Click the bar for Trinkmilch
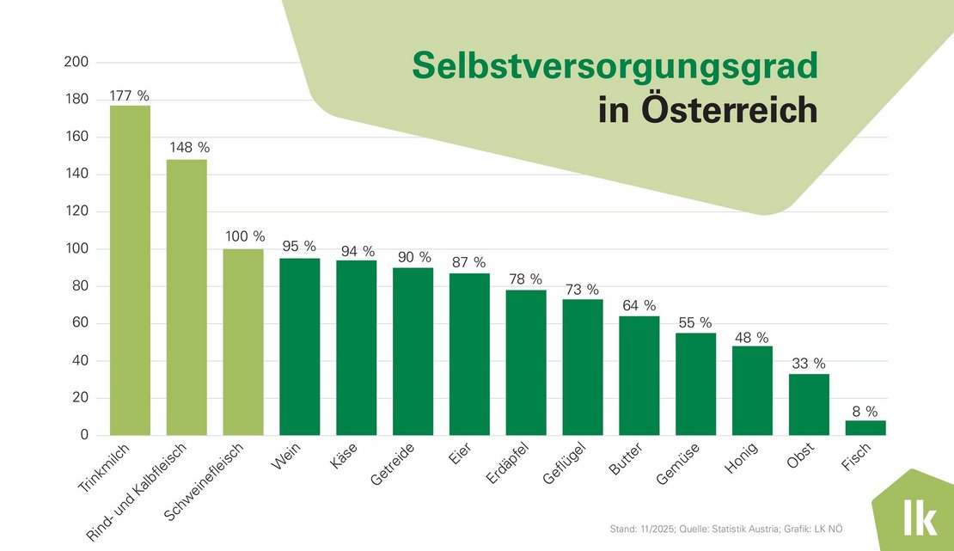click(x=130, y=270)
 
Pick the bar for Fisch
click(x=865, y=427)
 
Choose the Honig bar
click(x=752, y=390)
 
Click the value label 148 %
click(x=187, y=148)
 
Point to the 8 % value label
click(x=865, y=412)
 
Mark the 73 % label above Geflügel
click(x=583, y=290)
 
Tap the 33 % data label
click(x=809, y=364)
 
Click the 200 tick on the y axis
click(x=76, y=63)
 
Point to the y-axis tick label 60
click(x=80, y=323)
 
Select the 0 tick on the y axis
click(x=83, y=435)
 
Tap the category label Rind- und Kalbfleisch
click(x=147, y=491)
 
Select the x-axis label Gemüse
click(x=678, y=464)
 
